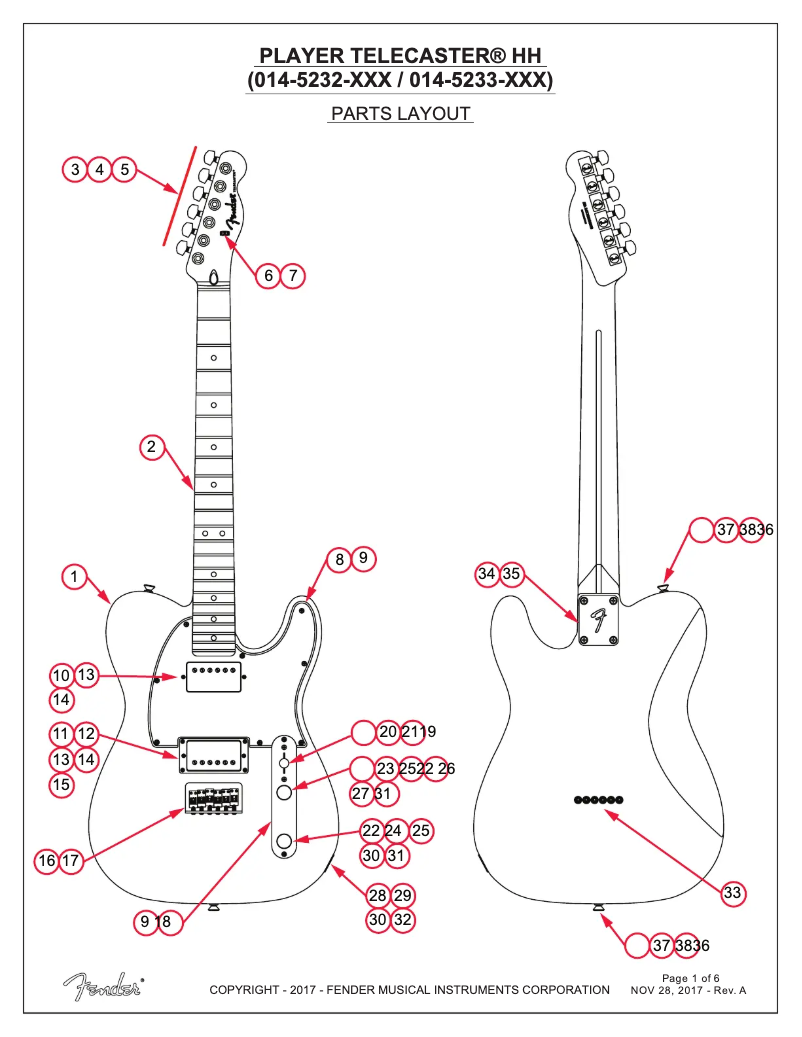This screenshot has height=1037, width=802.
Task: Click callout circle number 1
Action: coord(73,576)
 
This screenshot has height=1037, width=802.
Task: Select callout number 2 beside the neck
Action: coord(151,447)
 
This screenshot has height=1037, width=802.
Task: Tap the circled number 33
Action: coord(733,893)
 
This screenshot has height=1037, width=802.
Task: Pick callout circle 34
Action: coord(487,574)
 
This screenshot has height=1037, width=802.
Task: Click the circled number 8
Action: coord(340,560)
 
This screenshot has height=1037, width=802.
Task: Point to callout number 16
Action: coord(46,860)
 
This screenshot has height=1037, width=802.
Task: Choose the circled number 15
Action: coord(62,785)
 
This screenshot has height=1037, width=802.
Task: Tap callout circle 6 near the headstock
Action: coord(268,275)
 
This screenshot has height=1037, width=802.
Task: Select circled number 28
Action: coord(377,895)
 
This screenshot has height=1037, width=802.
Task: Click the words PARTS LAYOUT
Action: coord(400,114)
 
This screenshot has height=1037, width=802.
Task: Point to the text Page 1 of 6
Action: coord(691,977)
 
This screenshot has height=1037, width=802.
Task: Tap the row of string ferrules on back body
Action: coord(598,800)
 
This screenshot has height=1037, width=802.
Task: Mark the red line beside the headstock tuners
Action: coord(179,195)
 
